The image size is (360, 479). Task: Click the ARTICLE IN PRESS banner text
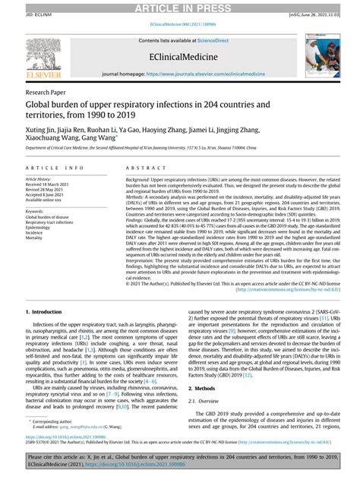tap(180, 8)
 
